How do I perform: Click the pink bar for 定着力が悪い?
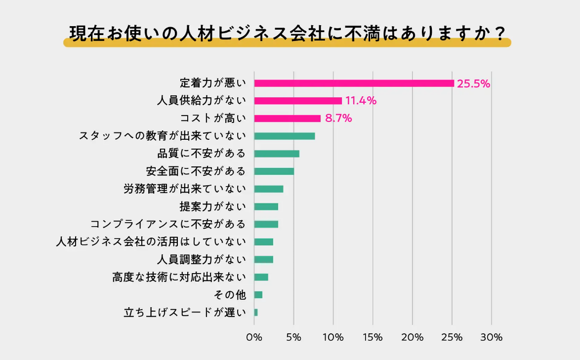(x=354, y=83)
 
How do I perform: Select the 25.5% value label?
(x=473, y=84)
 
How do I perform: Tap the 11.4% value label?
(x=361, y=101)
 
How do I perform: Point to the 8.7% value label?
(x=338, y=119)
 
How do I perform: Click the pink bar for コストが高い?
(x=287, y=119)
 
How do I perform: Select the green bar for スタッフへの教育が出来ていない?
(x=284, y=136)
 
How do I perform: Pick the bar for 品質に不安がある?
(x=277, y=154)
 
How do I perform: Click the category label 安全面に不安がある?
(x=196, y=171)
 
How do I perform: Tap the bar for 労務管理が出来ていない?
(x=269, y=189)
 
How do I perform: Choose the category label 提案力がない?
(x=213, y=206)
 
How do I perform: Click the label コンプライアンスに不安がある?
(x=168, y=224)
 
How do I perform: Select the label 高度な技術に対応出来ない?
(x=179, y=277)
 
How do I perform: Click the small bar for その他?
(x=258, y=295)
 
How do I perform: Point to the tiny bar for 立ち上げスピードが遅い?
(x=256, y=312)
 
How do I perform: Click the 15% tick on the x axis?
(x=373, y=338)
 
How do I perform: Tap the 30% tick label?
(x=491, y=338)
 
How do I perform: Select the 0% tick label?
(x=254, y=338)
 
